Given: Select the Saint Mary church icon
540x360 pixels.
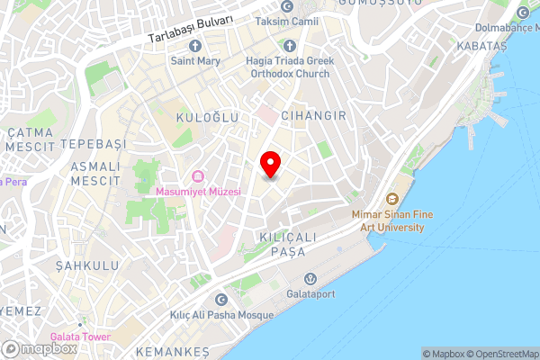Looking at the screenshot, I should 194,46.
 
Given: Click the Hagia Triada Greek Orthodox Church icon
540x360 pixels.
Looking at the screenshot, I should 289,46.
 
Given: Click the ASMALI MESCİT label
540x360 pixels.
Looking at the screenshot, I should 94,174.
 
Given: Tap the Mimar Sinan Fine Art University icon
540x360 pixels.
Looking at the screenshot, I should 391,199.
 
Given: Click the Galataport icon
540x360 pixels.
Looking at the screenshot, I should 310,278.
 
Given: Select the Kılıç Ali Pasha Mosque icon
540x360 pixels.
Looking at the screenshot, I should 221,300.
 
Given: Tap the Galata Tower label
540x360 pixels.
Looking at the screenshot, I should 80,337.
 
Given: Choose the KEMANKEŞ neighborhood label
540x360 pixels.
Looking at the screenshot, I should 171,350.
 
